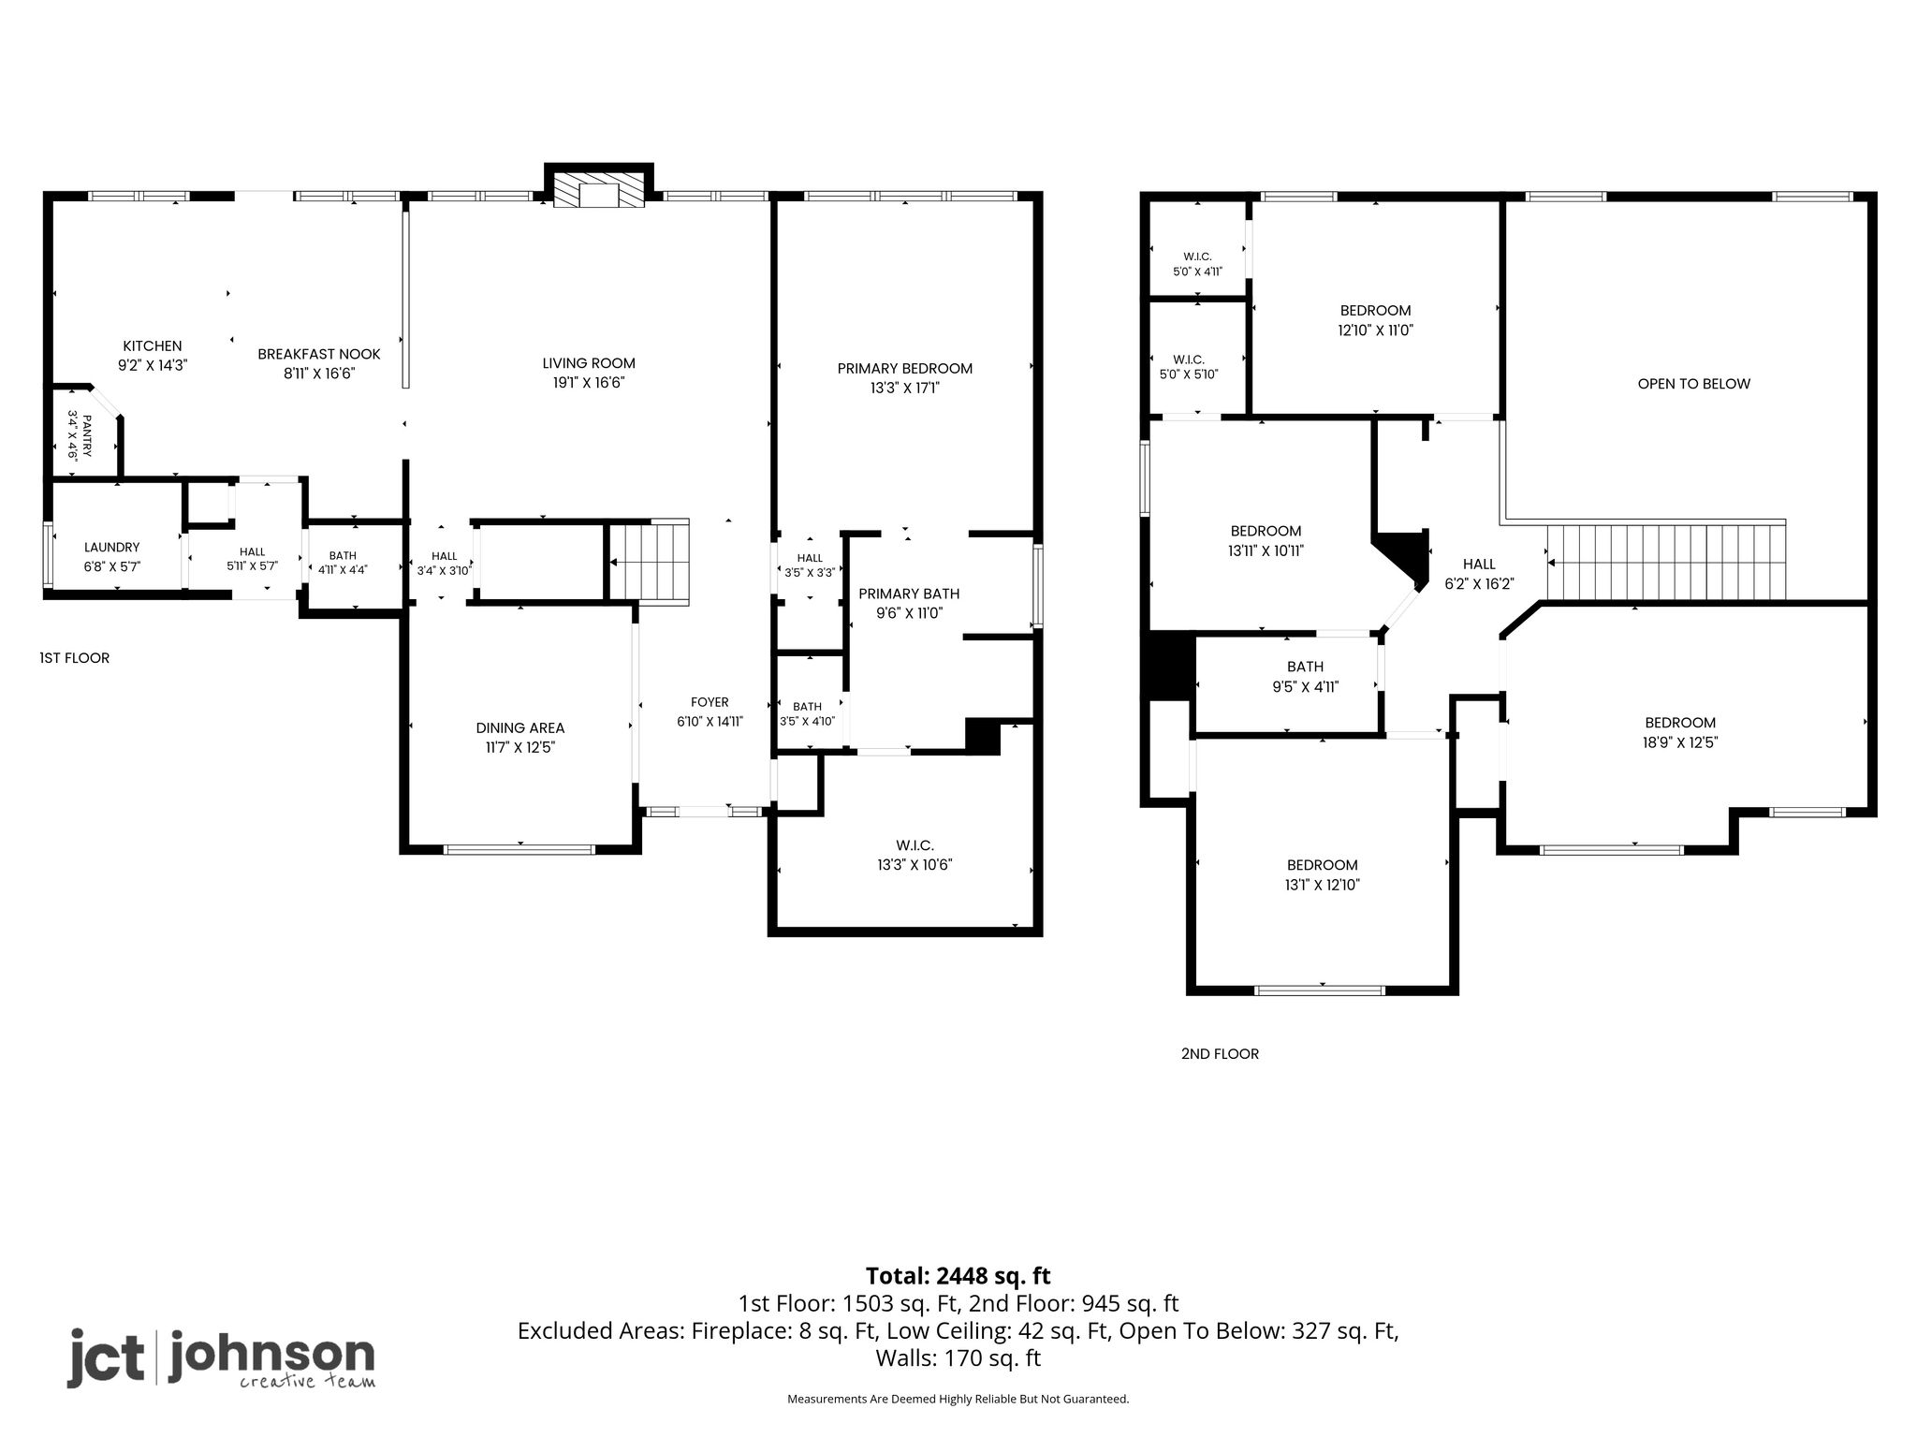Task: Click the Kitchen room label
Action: (x=153, y=345)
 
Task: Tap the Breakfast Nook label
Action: (x=319, y=354)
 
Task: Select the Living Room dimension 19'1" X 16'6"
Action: (x=589, y=382)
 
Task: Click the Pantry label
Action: (x=87, y=436)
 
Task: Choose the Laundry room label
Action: (x=111, y=547)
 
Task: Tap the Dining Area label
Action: (x=520, y=727)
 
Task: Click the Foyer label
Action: (x=710, y=702)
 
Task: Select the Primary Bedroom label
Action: (x=905, y=368)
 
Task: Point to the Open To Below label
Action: (x=1694, y=384)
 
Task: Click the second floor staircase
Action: (x=1666, y=562)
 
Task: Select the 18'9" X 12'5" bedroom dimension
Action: (x=1681, y=742)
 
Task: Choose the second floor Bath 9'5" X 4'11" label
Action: (x=1306, y=676)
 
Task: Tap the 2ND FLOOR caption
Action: (x=1220, y=1053)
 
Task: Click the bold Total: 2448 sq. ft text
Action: (x=958, y=1276)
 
